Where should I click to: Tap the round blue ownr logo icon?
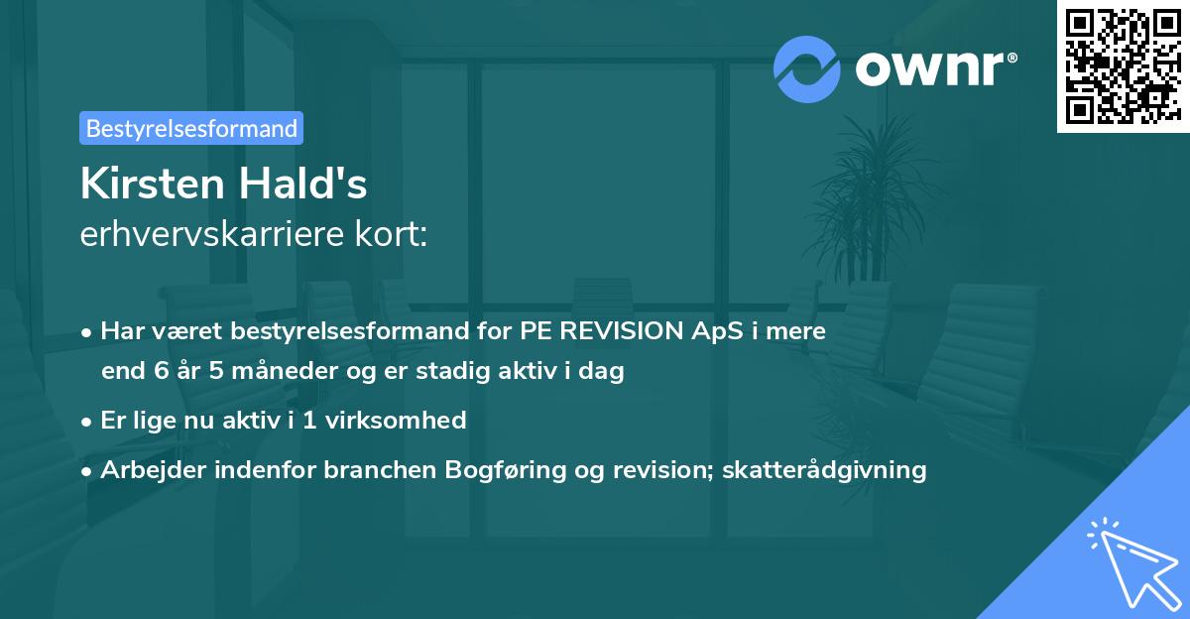tap(806, 68)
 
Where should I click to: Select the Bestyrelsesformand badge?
tap(191, 128)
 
